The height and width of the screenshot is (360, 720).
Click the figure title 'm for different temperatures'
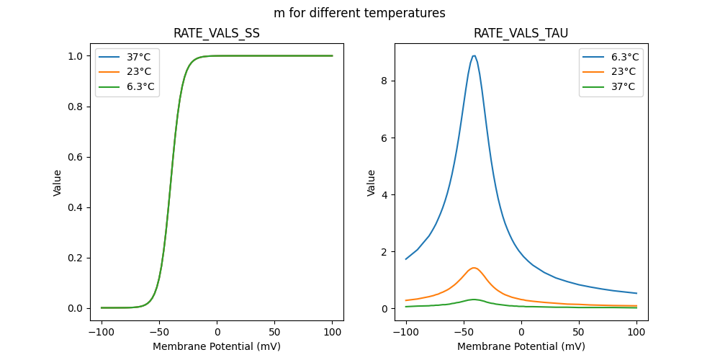[359, 13]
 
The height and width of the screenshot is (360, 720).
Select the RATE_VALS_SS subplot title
[217, 33]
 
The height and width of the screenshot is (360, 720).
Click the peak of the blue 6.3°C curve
[474, 55]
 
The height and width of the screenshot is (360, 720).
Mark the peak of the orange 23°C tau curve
[474, 268]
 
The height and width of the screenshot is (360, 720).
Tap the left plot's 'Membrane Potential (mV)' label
[217, 346]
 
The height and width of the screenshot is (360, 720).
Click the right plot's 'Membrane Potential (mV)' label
[521, 346]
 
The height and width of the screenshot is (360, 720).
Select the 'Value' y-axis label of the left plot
[58, 182]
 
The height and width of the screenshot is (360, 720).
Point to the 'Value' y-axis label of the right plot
[372, 182]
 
